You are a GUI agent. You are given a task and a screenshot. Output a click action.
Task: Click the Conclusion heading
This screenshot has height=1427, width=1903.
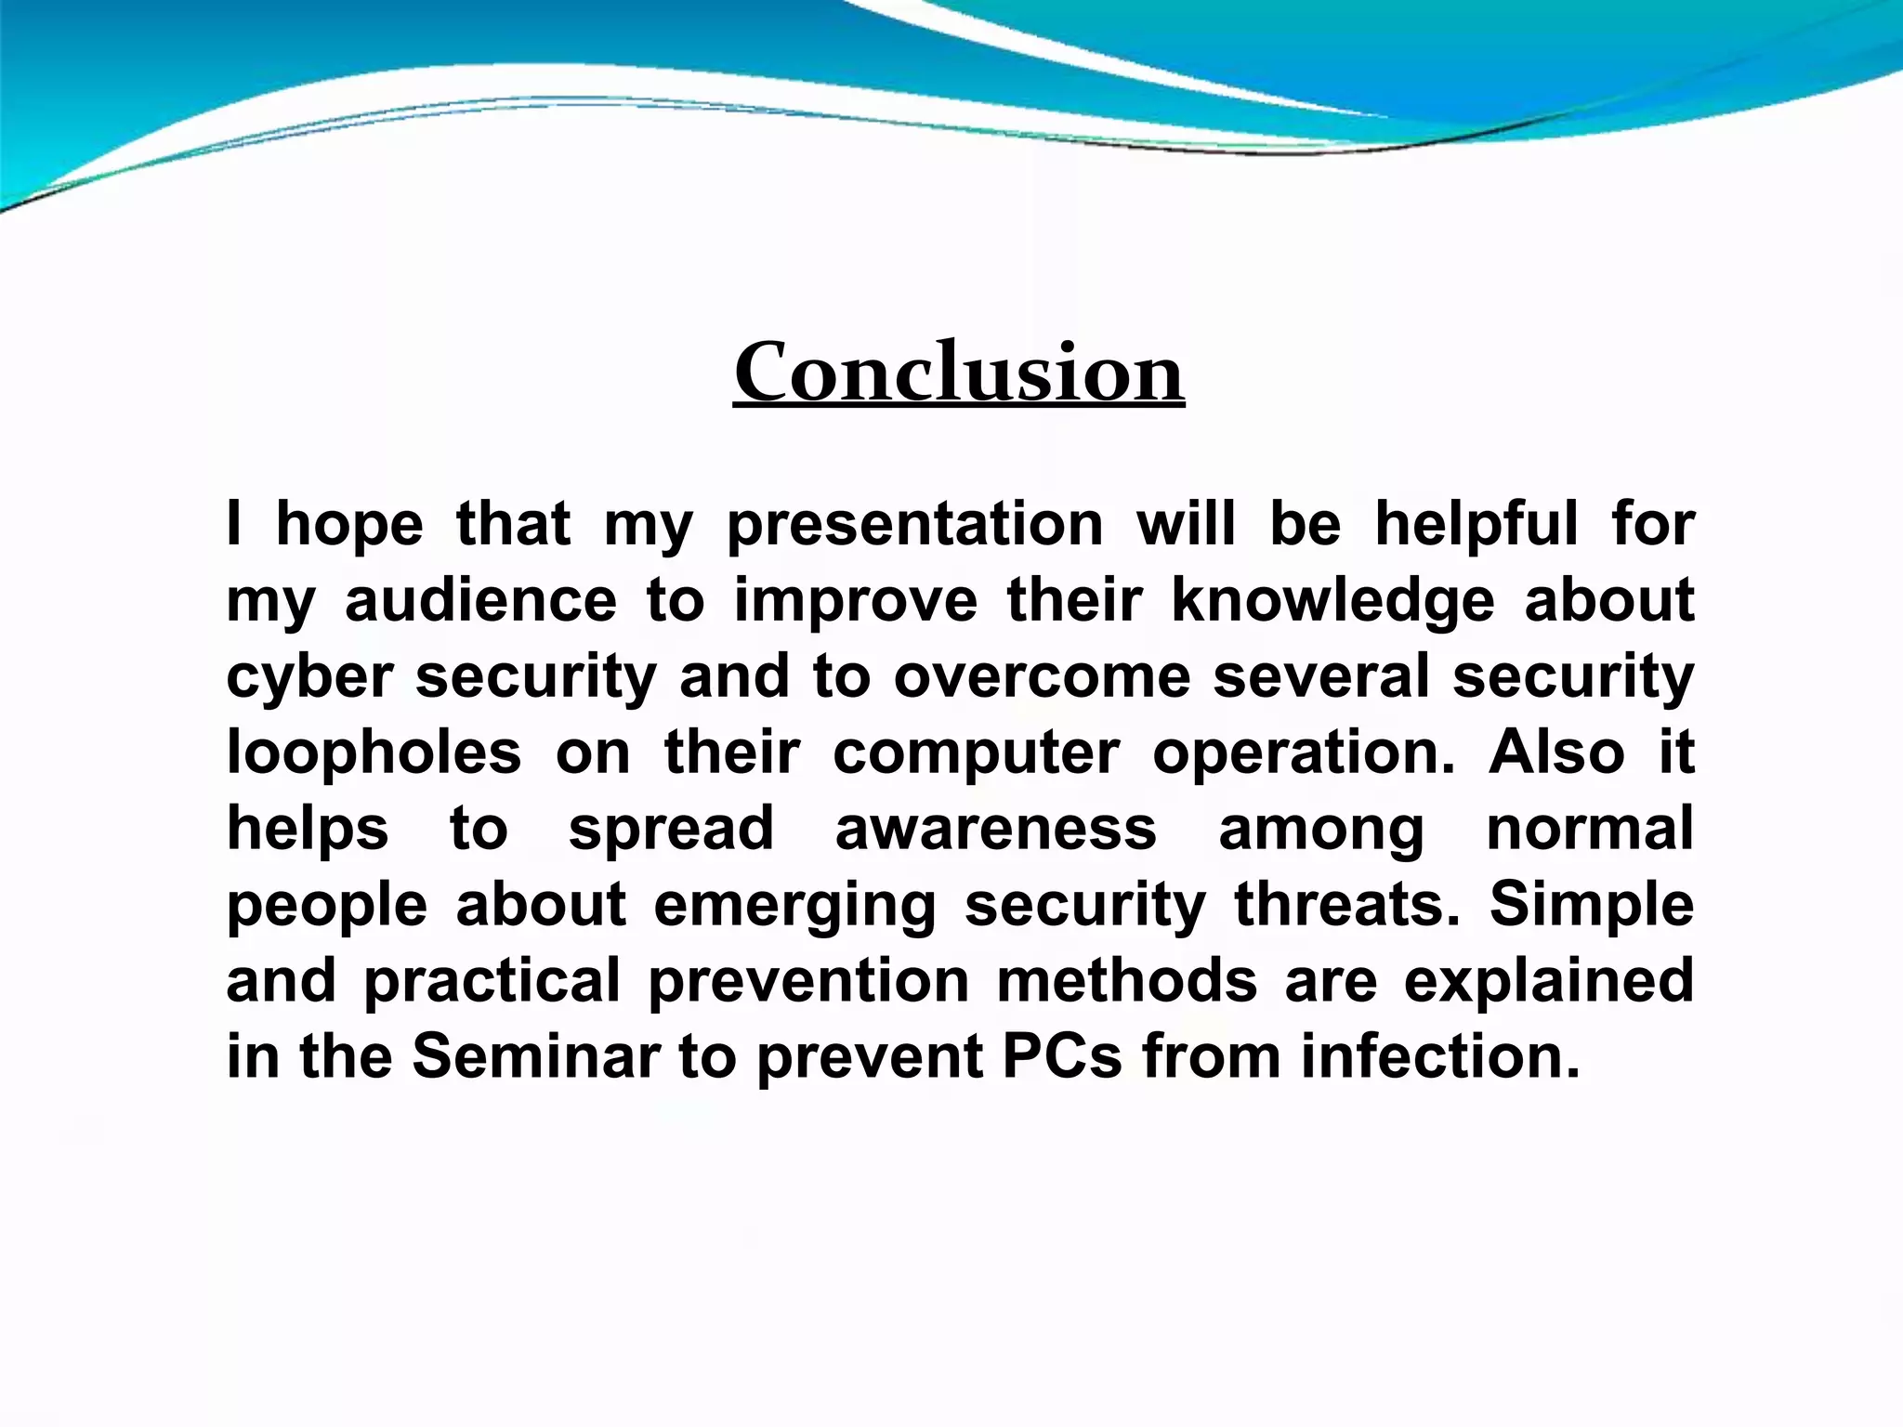tap(959, 373)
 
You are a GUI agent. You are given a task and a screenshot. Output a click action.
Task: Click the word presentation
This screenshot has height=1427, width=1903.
tap(914, 524)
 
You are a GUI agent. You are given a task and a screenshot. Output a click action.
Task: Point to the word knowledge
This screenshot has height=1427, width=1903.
tap(1332, 600)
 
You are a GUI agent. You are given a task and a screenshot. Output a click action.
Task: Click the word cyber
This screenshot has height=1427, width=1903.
tap(309, 676)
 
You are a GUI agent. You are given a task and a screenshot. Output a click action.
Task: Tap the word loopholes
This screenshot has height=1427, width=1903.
tap(374, 753)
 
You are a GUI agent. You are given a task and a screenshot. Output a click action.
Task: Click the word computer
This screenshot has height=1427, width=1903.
tap(976, 753)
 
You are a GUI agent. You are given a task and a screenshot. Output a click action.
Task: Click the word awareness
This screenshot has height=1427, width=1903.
tap(995, 829)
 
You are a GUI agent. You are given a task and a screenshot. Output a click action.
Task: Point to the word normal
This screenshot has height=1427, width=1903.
tap(1590, 829)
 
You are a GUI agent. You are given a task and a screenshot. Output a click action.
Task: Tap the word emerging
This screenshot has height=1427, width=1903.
tap(794, 905)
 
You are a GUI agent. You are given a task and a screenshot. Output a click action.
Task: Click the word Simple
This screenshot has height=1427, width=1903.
tap(1592, 905)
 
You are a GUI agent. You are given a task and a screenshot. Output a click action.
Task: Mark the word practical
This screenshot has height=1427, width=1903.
tap(492, 981)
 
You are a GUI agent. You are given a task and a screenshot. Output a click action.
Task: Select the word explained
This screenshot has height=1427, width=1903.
tap(1549, 981)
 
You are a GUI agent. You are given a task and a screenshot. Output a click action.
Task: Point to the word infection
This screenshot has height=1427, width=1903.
tap(1440, 1057)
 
